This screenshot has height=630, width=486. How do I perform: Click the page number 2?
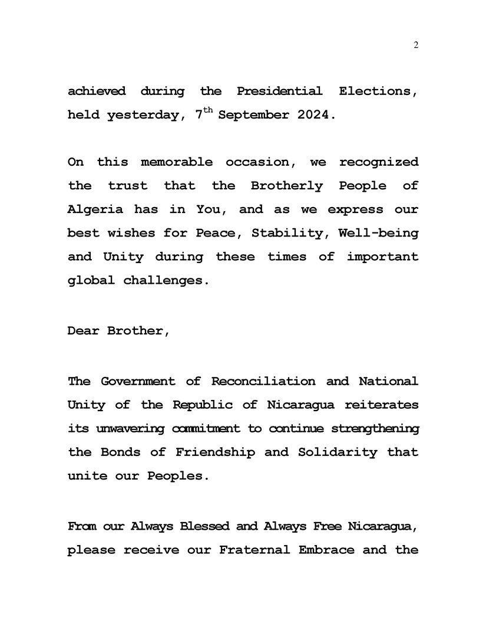(x=416, y=45)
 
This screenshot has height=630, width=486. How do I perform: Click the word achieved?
(x=97, y=91)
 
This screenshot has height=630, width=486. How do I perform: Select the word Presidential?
(x=279, y=91)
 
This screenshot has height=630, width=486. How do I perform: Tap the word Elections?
(x=379, y=91)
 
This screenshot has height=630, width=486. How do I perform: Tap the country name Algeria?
(x=95, y=209)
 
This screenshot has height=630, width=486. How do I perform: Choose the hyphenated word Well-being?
(x=379, y=233)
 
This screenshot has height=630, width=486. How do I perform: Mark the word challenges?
(x=166, y=281)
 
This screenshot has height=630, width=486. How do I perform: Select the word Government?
(x=137, y=381)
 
